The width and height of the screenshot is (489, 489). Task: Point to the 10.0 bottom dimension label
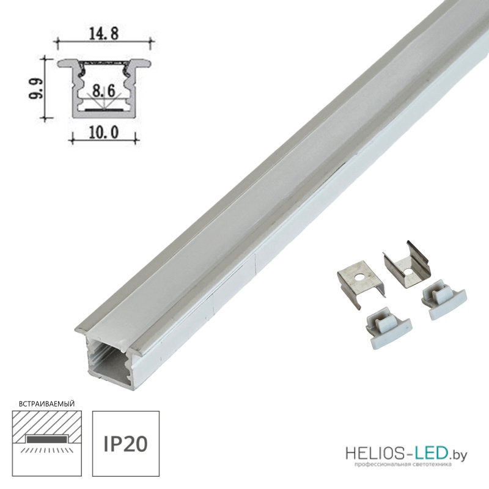pos(104,133)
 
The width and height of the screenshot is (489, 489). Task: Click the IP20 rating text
pos(125,444)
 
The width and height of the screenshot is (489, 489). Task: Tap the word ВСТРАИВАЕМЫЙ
pos(47,404)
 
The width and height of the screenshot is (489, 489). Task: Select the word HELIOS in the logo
pos(378,454)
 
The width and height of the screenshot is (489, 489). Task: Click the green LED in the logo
pos(433,454)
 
